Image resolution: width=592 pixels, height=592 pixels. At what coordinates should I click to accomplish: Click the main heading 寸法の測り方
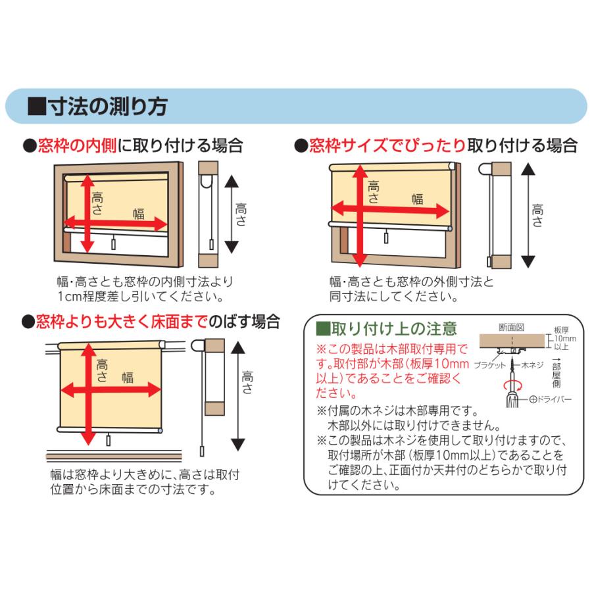(x=109, y=106)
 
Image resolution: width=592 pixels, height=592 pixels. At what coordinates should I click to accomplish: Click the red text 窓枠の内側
(x=77, y=146)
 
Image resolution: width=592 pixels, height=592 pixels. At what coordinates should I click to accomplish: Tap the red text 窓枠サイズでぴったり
(x=387, y=145)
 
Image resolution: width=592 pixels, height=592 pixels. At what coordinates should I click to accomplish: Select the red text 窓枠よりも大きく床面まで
(x=122, y=322)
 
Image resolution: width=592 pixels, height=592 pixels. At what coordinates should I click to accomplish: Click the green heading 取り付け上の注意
(x=394, y=329)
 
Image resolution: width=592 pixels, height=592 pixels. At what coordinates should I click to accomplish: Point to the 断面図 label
(x=512, y=327)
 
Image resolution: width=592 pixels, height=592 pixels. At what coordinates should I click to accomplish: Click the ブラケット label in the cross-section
(x=489, y=365)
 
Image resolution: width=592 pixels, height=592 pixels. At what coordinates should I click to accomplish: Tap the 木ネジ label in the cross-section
(x=532, y=364)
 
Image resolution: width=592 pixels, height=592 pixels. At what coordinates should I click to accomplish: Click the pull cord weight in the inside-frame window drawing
(x=114, y=244)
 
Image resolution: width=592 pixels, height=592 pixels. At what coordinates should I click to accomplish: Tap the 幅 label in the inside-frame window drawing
(x=139, y=214)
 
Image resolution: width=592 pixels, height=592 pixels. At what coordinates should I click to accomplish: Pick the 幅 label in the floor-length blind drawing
(x=128, y=377)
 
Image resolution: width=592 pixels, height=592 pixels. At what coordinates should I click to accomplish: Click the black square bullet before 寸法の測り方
(x=37, y=107)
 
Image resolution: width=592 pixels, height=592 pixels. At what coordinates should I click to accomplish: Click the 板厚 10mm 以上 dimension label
(x=564, y=338)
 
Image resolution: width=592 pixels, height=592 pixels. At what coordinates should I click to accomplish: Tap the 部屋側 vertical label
(x=556, y=376)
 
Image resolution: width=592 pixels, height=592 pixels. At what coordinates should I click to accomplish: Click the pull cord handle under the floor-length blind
(x=109, y=440)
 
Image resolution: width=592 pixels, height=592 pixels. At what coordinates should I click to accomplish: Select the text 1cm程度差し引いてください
(x=141, y=297)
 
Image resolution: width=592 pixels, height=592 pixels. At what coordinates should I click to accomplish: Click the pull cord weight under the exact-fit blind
(x=386, y=237)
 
